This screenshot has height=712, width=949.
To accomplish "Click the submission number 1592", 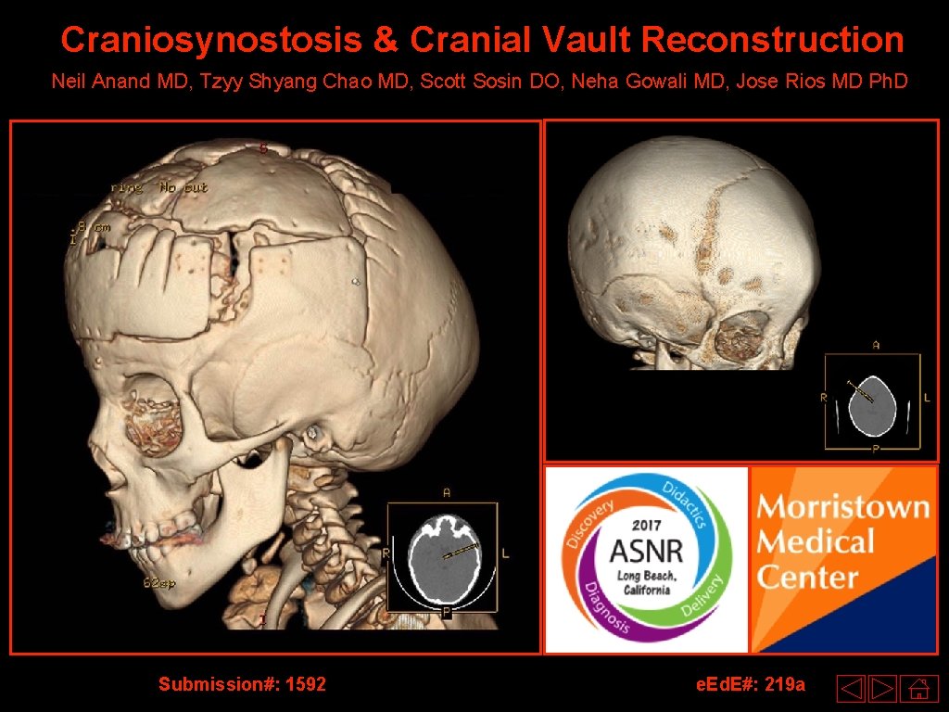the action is [x=306, y=684].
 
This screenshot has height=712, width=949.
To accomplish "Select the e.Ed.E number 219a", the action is [x=781, y=684].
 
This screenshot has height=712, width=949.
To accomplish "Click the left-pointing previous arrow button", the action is [x=851, y=689].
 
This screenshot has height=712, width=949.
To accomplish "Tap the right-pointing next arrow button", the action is [x=883, y=689].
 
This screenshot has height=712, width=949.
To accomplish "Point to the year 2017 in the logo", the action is [x=646, y=525].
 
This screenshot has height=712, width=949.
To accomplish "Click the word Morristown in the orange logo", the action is [x=842, y=508].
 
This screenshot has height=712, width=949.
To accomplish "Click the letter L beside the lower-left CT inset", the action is [x=505, y=553].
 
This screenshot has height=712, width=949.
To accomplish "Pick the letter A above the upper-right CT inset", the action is [x=875, y=345].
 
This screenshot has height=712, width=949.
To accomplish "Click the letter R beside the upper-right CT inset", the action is [x=823, y=397].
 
